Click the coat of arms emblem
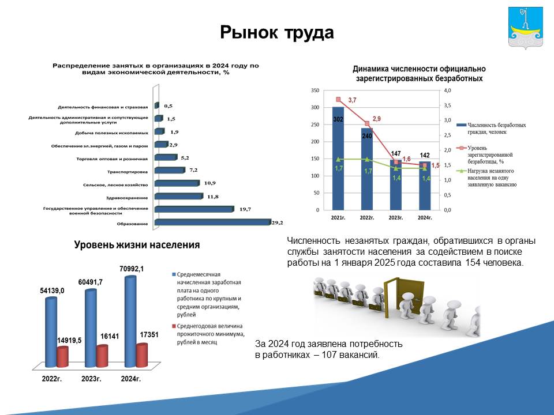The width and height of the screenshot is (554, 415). (525, 28)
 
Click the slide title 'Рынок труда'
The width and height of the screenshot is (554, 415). (276, 32)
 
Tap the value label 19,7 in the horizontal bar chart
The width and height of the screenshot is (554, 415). (245, 209)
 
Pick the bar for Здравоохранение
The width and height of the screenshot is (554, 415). (179, 196)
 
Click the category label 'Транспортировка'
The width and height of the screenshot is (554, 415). (128, 172)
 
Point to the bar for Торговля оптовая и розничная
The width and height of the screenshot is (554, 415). (166, 157)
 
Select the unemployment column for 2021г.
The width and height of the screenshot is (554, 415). (338, 159)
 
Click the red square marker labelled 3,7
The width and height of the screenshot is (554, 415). (338, 100)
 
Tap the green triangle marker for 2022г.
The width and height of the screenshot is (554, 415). (367, 159)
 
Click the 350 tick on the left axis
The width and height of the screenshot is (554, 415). (315, 90)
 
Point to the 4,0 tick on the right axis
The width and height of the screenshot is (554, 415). (447, 90)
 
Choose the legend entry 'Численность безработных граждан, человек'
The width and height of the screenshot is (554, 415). (491, 129)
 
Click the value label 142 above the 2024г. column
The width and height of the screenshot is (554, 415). (425, 155)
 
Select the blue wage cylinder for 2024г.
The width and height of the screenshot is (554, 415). (130, 322)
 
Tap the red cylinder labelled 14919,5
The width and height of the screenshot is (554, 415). (62, 357)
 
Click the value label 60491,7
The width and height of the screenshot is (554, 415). (91, 282)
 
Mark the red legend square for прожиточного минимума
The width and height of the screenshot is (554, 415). (174, 326)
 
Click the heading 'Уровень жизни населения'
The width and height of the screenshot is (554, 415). (137, 245)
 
